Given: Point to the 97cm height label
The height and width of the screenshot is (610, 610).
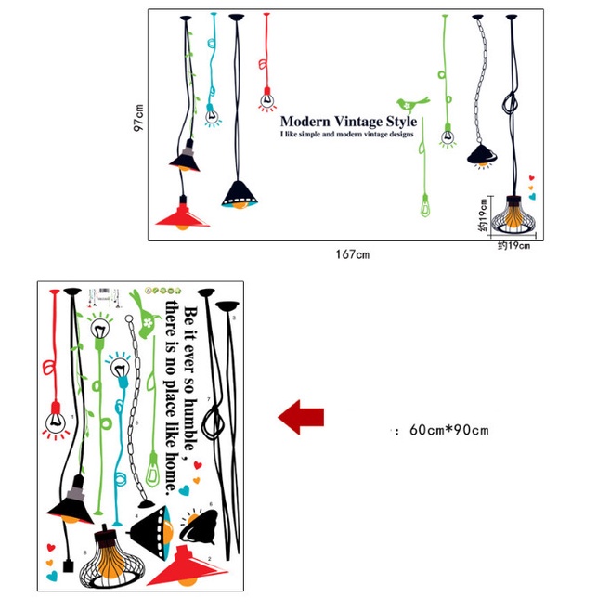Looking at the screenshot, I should [138, 124].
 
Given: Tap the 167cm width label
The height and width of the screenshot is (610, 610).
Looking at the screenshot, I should [353, 254].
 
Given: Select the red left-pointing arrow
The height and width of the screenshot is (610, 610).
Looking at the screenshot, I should [302, 417].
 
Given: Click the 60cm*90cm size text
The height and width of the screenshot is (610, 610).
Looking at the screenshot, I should [445, 430].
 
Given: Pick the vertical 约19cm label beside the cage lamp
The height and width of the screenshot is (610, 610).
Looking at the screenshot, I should [484, 213].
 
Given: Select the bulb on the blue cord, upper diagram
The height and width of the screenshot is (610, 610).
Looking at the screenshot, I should [213, 117].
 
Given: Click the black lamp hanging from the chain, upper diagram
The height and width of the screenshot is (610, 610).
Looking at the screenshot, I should [482, 154].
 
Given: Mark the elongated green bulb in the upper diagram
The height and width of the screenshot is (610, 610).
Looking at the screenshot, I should [426, 205].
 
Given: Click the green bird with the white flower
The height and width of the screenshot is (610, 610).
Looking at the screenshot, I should [149, 316].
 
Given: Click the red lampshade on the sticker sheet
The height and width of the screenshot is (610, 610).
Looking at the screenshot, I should [185, 568].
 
